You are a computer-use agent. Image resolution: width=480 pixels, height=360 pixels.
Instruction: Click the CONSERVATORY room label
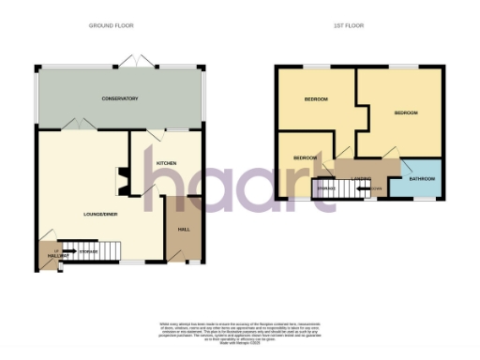point(120,98)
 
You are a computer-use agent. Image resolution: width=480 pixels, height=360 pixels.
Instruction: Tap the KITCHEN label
point(166,162)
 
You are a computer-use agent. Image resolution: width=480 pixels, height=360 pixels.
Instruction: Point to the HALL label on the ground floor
point(184,228)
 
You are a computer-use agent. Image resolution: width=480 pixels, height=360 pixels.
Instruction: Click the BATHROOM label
point(422,178)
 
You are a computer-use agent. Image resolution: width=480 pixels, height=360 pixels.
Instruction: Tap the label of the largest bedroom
point(405,112)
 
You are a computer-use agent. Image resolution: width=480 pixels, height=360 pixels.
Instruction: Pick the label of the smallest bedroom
point(305,157)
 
